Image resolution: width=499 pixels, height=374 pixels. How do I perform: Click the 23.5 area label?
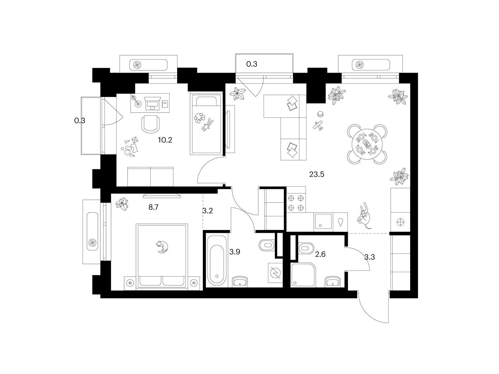(317, 175)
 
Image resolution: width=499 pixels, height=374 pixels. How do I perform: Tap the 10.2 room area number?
(165, 140)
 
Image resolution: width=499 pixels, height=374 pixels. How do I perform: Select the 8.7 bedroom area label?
(153, 207)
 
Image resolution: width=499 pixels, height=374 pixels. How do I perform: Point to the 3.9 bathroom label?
(235, 252)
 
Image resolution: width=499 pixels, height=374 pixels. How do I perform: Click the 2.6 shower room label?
(320, 254)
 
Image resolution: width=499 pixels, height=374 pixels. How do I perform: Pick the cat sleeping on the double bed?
(162, 247)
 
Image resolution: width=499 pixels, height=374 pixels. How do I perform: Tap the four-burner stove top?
(296, 199)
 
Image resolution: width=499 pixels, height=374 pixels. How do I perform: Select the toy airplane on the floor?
(318, 126)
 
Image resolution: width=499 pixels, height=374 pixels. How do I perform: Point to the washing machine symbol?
(275, 273)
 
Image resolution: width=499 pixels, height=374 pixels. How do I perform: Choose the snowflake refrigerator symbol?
(400, 222)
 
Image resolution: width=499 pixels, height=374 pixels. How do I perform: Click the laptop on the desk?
(153, 103)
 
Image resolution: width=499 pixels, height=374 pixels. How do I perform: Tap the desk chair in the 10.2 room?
(151, 124)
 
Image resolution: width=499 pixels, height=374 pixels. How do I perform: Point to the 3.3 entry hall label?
(370, 257)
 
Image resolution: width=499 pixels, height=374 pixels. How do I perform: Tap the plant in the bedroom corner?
(122, 204)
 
